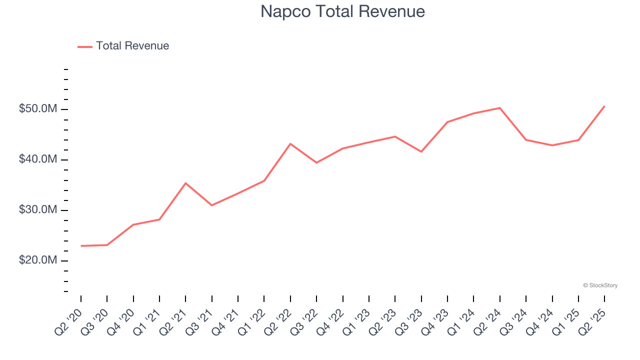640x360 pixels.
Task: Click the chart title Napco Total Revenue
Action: pos(342,11)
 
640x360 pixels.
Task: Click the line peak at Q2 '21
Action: pos(185,183)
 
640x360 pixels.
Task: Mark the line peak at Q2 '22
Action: pos(290,144)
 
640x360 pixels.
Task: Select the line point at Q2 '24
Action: pos(500,108)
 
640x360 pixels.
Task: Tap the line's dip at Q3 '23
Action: pos(421,151)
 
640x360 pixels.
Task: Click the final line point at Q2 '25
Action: pos(604,106)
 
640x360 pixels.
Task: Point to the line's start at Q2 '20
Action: pos(81,246)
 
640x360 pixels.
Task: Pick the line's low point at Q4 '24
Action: pos(552,145)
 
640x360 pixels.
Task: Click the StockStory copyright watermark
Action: pos(600,285)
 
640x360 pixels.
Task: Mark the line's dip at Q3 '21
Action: pos(212,205)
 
